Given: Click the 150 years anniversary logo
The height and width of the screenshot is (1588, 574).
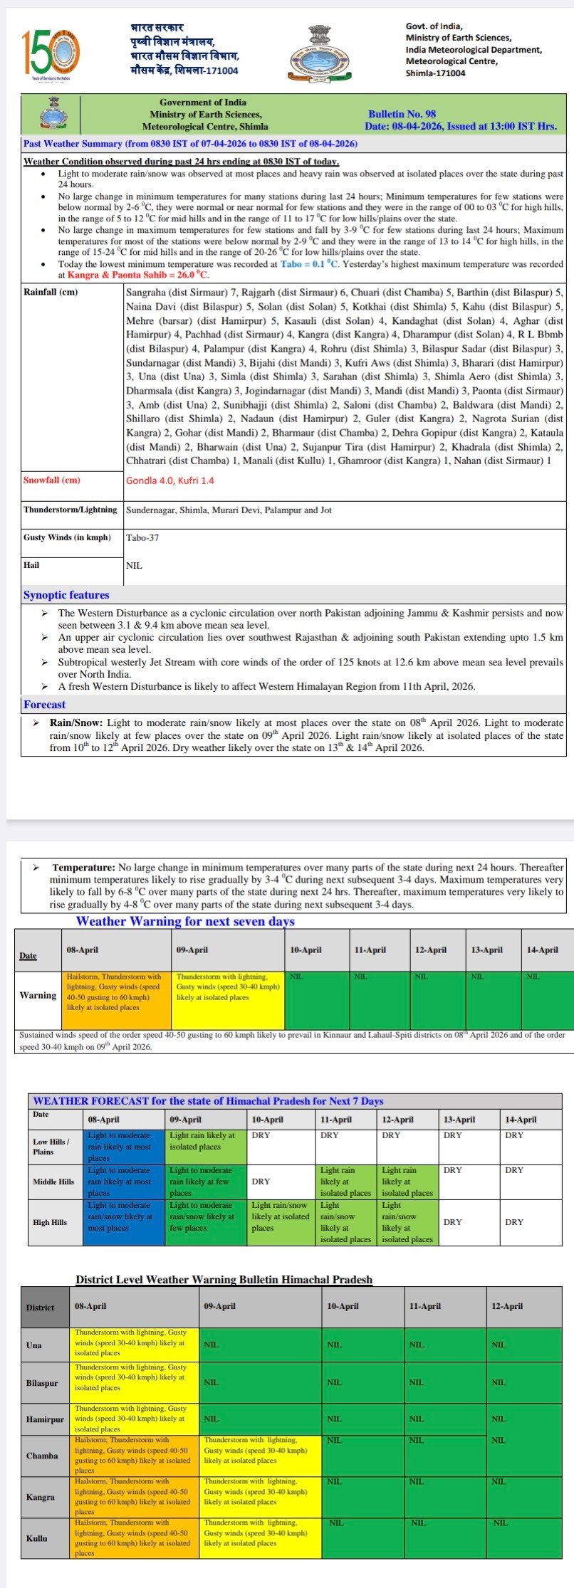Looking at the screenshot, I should pyautogui.click(x=51, y=51).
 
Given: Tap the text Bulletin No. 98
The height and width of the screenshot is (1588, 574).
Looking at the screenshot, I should pyautogui.click(x=402, y=114).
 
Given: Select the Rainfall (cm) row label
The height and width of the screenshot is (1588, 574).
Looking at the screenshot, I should pyautogui.click(x=51, y=293).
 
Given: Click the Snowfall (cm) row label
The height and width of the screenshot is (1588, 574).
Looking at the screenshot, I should pyautogui.click(x=52, y=480).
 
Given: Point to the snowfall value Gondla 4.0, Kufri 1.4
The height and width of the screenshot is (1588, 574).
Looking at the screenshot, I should pyautogui.click(x=170, y=480).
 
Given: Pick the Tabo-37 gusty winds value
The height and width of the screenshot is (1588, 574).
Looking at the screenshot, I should pyautogui.click(x=142, y=538).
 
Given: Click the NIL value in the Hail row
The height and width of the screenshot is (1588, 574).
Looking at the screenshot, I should pyautogui.click(x=134, y=566).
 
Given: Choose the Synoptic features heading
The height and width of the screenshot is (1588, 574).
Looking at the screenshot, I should pyautogui.click(x=66, y=595).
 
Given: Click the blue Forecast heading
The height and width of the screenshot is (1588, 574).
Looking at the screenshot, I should pyautogui.click(x=44, y=705).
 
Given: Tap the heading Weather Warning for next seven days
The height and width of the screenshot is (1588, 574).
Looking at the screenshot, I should pyautogui.click(x=185, y=922).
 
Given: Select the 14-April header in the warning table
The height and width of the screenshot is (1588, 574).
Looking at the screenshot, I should pyautogui.click(x=542, y=950).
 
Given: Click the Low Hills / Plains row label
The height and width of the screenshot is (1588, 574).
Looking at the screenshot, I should pyautogui.click(x=51, y=1146).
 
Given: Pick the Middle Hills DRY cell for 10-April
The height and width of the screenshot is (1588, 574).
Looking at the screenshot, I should pyautogui.click(x=261, y=1182).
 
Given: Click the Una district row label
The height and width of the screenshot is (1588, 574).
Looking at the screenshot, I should pyautogui.click(x=33, y=1345).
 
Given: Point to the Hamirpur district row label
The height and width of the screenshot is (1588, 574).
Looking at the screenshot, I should pyautogui.click(x=45, y=1419).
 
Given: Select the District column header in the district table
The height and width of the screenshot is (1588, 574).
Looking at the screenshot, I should pyautogui.click(x=40, y=1308).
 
